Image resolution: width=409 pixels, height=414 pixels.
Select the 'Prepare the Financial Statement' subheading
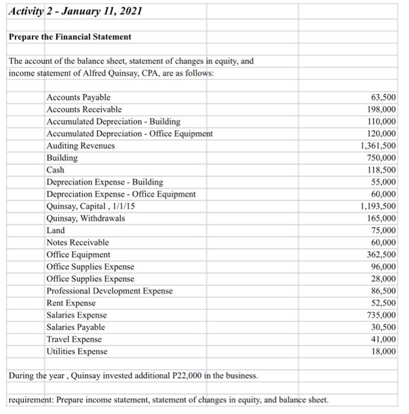70,37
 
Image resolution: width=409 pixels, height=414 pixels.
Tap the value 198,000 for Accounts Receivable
382,109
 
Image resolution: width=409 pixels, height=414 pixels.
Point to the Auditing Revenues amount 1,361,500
378,145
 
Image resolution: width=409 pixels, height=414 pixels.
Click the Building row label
61,158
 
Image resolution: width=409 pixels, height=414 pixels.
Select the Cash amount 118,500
382,170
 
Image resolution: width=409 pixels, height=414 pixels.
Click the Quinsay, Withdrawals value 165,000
382,218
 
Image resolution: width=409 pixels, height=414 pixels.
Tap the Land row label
56,231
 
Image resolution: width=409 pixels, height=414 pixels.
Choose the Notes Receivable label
77,242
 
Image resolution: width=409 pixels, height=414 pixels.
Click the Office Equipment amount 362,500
382,255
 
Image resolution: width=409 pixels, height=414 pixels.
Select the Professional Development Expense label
109,291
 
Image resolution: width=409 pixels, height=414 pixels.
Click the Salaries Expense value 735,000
382,315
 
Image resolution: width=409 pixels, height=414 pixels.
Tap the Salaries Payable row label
75,327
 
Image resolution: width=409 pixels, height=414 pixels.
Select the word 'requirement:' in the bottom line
31,399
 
